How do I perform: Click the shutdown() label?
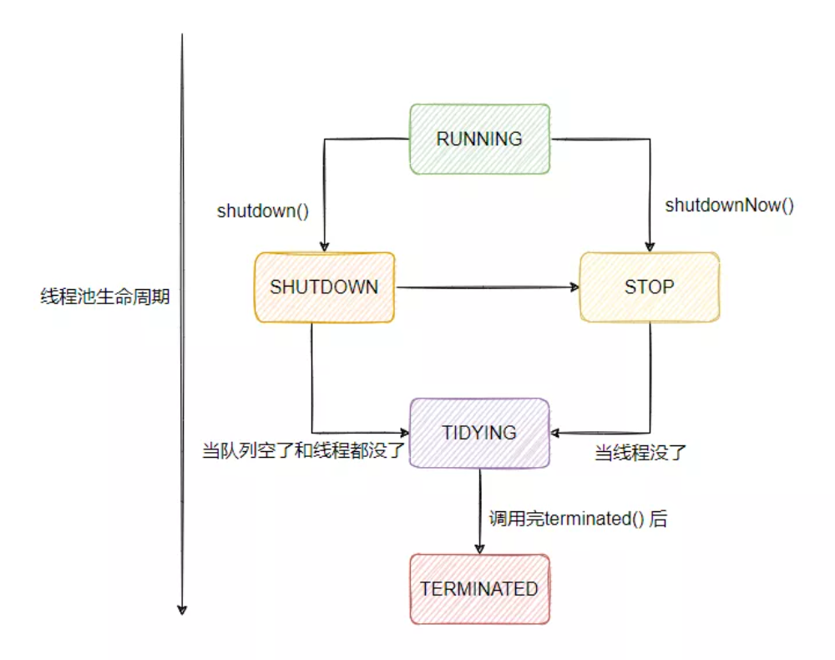tap(263, 211)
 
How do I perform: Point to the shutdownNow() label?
tap(729, 205)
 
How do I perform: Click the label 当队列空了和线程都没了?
tap(304, 452)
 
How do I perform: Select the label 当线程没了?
tap(640, 454)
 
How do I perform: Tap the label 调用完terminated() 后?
tap(578, 519)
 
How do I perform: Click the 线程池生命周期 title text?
tap(105, 296)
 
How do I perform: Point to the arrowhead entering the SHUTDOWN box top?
tap(323, 246)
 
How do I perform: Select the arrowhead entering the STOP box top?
tap(649, 246)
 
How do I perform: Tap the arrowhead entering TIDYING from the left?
tap(404, 433)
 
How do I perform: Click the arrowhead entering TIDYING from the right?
tap(556, 433)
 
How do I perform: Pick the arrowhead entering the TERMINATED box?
tap(480, 548)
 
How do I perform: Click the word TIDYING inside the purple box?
tap(479, 433)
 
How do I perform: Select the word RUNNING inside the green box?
tap(479, 139)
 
